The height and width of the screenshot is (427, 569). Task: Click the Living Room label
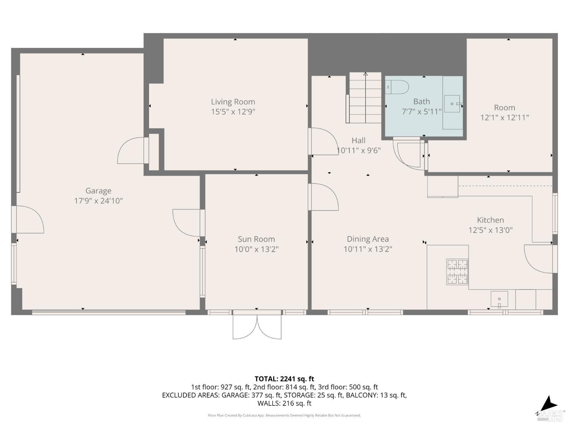233,102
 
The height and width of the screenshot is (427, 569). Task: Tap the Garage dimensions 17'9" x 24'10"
98,201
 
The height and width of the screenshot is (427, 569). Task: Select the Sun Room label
256,239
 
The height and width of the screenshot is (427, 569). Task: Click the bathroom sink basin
452,104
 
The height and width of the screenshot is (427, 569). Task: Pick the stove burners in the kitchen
457,272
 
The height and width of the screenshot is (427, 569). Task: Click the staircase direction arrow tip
365,74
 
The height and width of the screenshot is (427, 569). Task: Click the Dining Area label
368,239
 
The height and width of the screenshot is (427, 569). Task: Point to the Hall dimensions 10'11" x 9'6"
359,151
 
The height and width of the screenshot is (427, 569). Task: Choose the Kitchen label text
490,220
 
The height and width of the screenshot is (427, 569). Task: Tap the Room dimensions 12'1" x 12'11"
505,118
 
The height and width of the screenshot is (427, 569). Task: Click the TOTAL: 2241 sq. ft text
284,379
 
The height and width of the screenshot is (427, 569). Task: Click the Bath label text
421,102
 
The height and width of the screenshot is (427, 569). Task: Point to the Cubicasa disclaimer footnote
284,416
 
